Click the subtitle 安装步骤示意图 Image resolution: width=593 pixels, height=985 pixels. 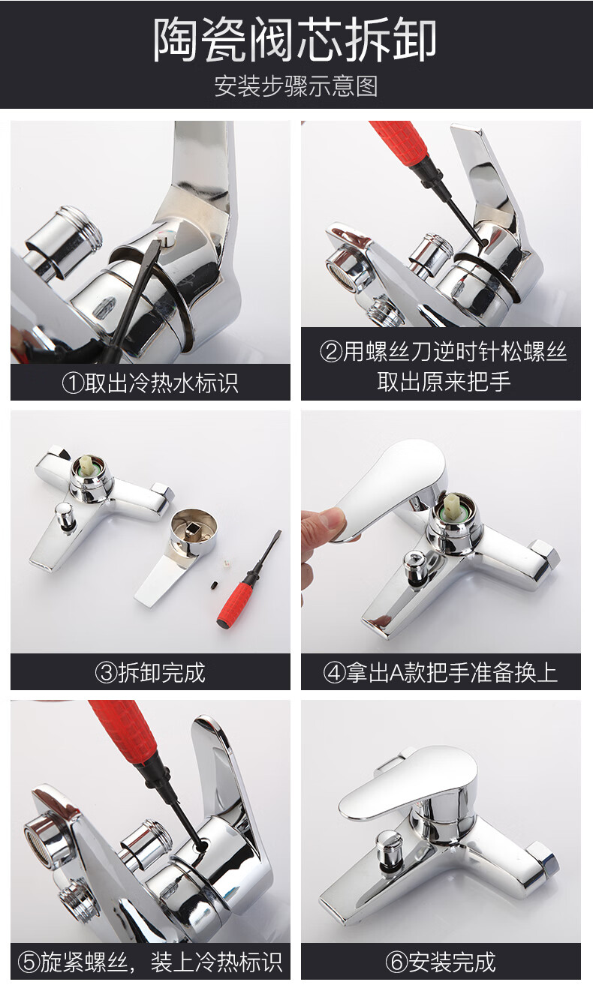pos(296,86)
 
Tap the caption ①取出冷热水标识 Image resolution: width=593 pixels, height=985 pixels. pos(149,383)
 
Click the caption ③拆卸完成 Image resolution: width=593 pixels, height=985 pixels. pos(149,672)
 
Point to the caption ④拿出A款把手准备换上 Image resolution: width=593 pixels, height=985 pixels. pos(441,672)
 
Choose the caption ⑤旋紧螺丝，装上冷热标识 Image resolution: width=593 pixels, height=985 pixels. pos(149,962)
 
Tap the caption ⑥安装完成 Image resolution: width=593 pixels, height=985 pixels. pos(441,962)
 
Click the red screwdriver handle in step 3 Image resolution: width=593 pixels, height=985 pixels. pos(237,601)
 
